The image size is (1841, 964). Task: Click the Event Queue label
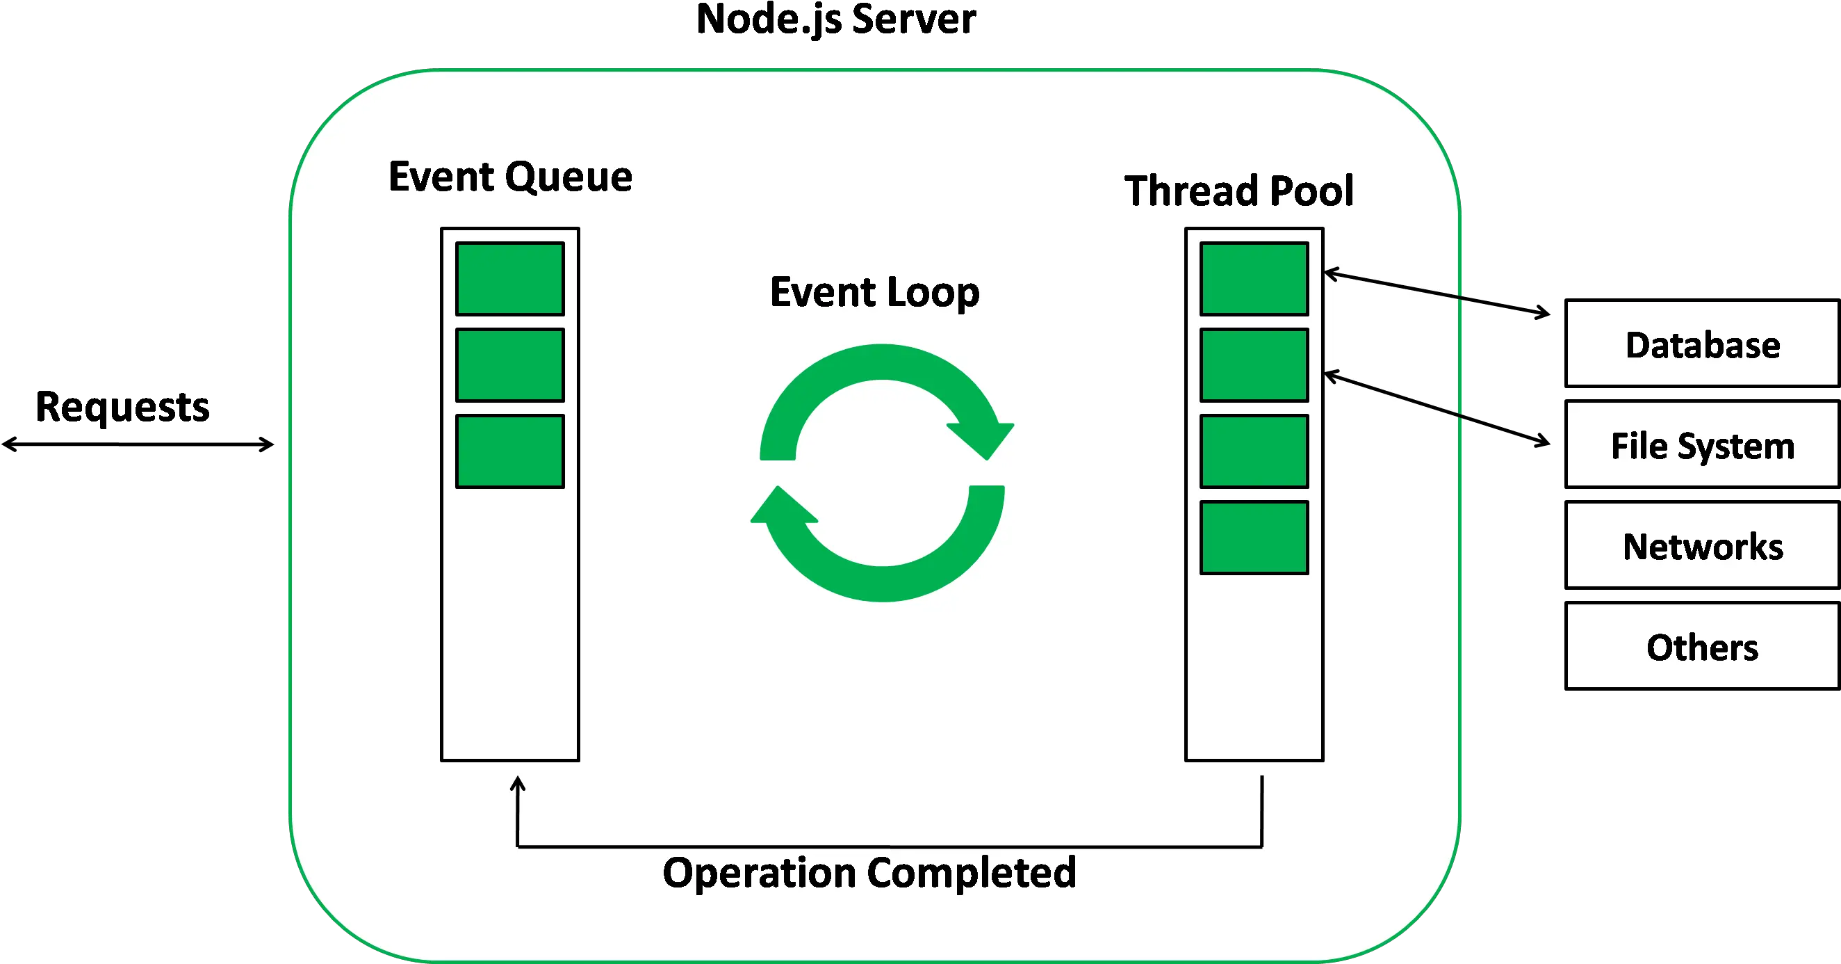coord(510,177)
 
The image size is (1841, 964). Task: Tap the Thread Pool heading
coord(1238,191)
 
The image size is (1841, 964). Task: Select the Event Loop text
coord(874,292)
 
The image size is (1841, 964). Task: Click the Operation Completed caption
coord(869,872)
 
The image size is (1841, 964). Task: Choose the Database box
coord(1703,344)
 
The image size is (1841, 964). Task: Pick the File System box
coord(1703,445)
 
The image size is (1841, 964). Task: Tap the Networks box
coord(1703,546)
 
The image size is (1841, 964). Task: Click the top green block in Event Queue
coord(509,279)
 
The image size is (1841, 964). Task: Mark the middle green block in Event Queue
coord(509,364)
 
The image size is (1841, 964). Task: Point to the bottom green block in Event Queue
coord(509,451)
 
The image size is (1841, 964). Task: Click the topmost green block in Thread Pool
coord(1254,279)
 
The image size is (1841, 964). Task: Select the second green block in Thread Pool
coord(1254,364)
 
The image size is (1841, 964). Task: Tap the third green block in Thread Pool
coord(1254,451)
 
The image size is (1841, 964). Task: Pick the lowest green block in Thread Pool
coord(1254,537)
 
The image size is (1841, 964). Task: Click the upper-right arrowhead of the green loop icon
coord(983,437)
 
